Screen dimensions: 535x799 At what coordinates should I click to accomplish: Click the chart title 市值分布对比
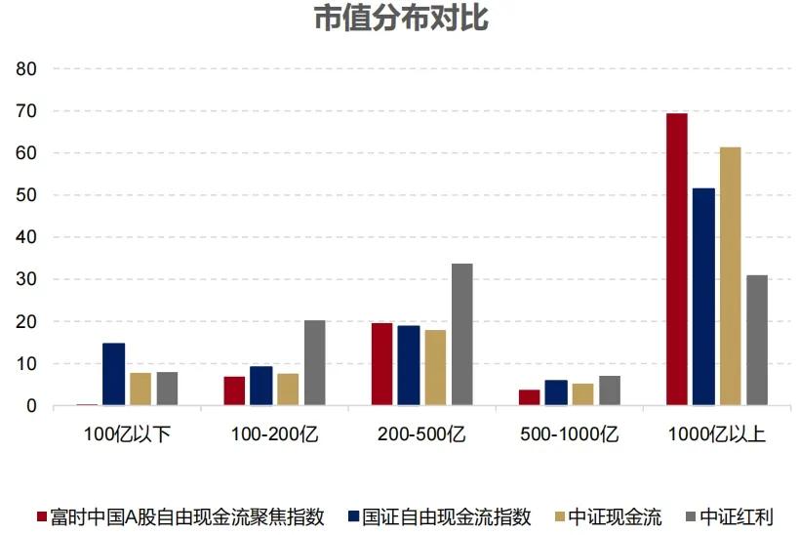pos(400,19)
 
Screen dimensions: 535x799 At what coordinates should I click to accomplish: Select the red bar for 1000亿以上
pos(677,259)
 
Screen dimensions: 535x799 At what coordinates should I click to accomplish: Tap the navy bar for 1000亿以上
pos(703,297)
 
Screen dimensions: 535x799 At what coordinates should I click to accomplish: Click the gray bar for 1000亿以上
pos(757,340)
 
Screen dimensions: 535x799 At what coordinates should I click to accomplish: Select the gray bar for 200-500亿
pos(461,334)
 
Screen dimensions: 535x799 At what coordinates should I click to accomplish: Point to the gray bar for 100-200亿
pos(314,362)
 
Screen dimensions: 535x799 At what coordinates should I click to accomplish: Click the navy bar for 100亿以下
pos(113,374)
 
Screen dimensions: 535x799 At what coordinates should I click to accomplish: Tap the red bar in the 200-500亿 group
pos(381,364)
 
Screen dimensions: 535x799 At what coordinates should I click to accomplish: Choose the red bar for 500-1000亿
pos(529,397)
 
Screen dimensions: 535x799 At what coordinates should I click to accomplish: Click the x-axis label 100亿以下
pos(127,433)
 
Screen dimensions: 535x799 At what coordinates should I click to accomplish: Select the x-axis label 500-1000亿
pos(569,433)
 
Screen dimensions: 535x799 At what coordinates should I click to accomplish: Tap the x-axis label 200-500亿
pos(421,433)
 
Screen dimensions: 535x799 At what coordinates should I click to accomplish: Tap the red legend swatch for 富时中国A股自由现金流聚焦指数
pos(41,516)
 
